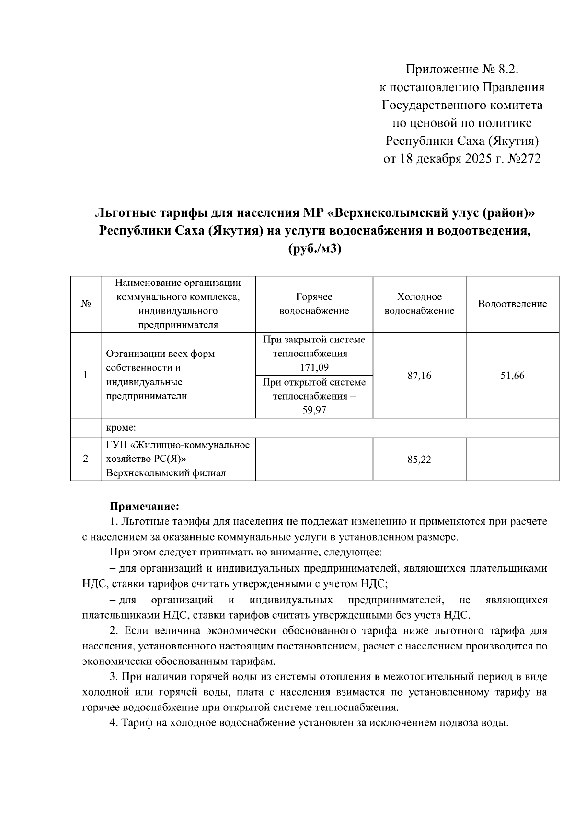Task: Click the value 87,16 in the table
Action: point(419,376)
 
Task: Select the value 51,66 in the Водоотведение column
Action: point(512,376)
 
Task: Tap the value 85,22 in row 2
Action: point(419,460)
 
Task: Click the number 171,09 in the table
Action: point(314,368)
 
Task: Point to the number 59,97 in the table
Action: point(314,410)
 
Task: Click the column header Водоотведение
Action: point(512,304)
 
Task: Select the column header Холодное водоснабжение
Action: point(419,304)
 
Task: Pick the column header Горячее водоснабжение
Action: point(314,304)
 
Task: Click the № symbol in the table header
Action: point(86,304)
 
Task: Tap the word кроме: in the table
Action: point(122,427)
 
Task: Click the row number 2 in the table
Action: point(86,459)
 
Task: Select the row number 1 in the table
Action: point(86,375)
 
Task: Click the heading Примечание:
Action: point(144,507)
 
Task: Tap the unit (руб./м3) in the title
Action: point(314,249)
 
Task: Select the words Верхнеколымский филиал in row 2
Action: point(166,473)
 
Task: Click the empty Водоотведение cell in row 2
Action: point(512,459)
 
